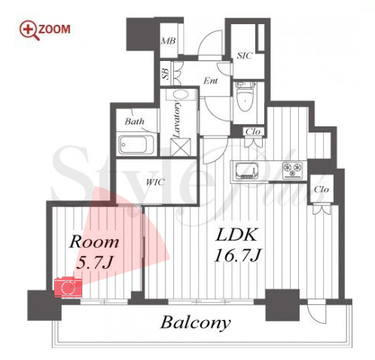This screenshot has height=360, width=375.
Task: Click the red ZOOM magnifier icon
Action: click(29, 30)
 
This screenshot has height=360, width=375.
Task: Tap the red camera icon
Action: click(68, 287)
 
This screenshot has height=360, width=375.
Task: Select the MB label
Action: click(168, 41)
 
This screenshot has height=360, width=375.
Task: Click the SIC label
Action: click(244, 56)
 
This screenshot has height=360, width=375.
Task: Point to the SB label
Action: click(166, 74)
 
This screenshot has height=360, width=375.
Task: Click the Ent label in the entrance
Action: click(211, 81)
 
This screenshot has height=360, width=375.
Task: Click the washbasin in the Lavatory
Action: click(180, 95)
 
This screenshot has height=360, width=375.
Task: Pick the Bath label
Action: click(135, 121)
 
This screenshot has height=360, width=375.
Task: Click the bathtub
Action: click(136, 145)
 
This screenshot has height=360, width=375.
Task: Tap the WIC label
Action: click(155, 182)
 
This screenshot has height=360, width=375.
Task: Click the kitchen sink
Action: click(246, 170)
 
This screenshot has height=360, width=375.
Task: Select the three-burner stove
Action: click(292, 170)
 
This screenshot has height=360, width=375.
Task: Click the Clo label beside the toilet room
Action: click(253, 132)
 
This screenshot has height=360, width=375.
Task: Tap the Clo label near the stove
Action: click(322, 189)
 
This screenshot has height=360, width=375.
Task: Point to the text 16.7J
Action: click(238, 255)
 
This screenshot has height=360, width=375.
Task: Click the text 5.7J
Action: click(95, 263)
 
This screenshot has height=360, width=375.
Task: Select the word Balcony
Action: click(195, 323)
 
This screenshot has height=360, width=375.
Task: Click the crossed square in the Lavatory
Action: click(181, 147)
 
